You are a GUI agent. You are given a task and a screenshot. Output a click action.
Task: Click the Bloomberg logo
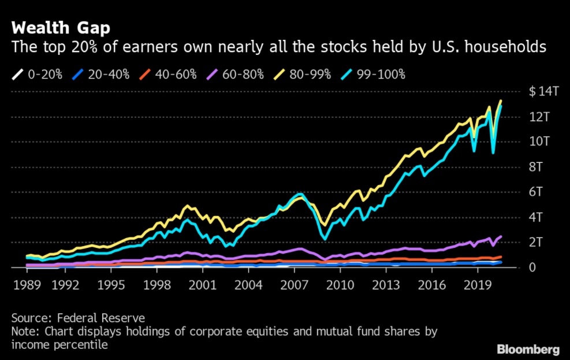coord(528,349)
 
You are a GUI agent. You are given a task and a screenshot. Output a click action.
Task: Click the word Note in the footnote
coord(23,332)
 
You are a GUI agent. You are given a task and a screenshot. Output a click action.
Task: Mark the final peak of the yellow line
coord(500,101)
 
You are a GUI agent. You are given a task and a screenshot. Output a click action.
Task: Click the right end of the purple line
coord(501,236)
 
